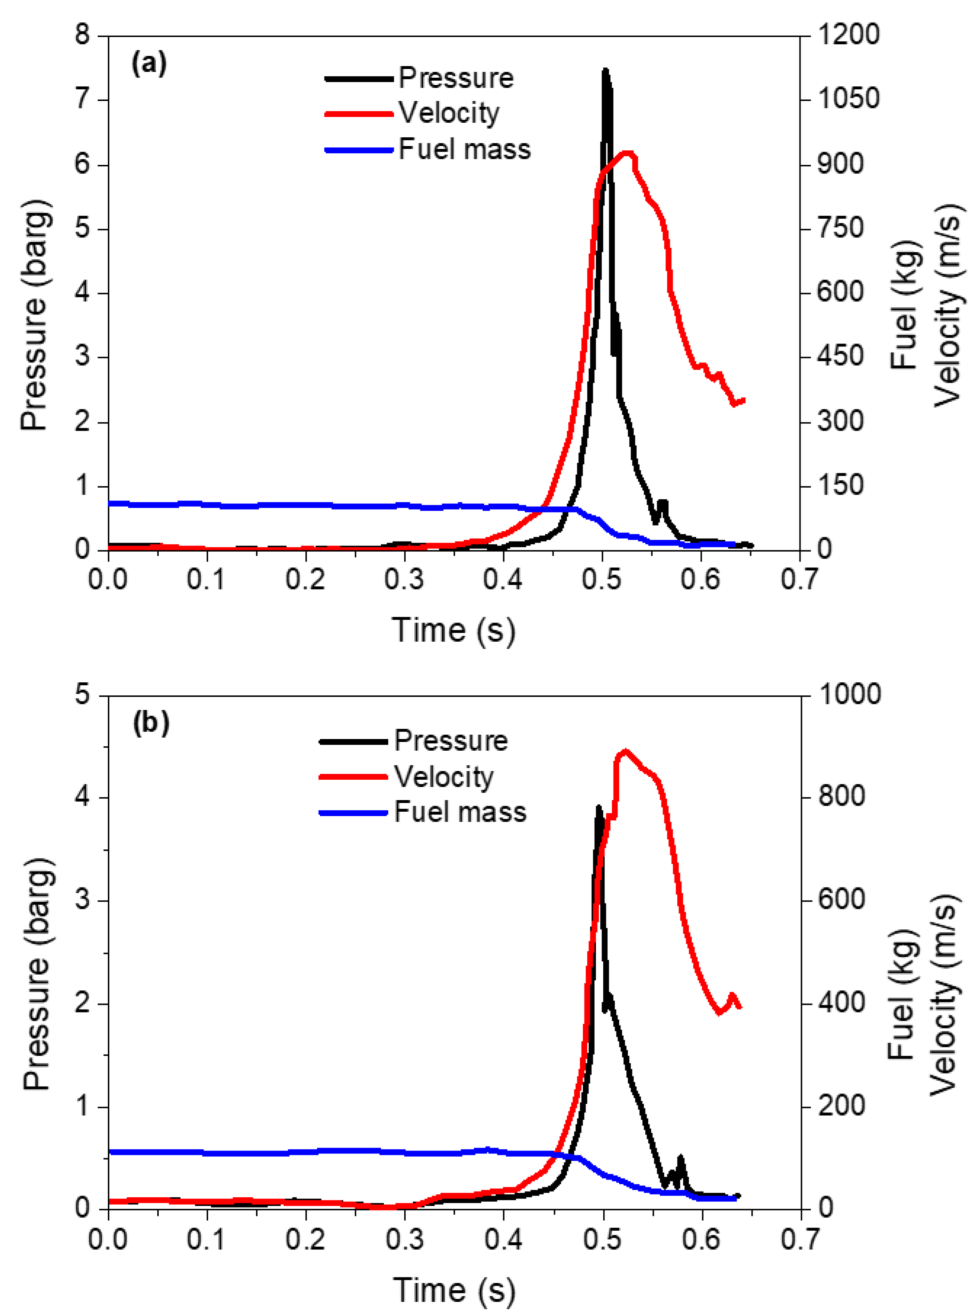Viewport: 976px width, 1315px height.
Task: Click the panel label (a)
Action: pos(149,62)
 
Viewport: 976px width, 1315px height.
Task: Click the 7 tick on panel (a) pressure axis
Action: pos(83,99)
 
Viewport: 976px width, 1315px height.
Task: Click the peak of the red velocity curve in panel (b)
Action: pos(625,751)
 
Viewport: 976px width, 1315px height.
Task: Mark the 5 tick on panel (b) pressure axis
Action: pos(83,695)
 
